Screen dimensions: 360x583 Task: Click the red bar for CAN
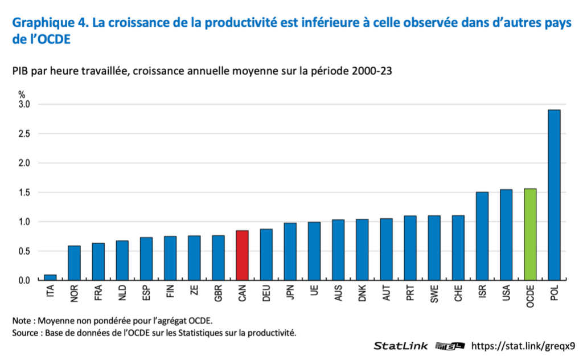[242, 255]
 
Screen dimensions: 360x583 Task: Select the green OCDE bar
[530, 234]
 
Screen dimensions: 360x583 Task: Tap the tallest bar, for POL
[554, 195]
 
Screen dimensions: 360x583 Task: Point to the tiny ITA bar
[50, 277]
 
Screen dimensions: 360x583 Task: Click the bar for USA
[506, 235]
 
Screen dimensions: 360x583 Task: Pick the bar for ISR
[482, 236]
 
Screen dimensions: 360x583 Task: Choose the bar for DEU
[266, 255]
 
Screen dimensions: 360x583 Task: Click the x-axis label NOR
[75, 292]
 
